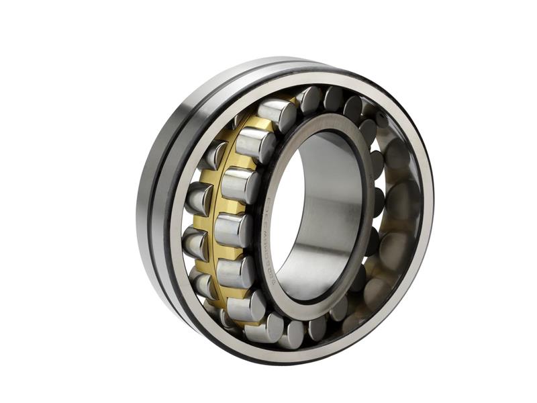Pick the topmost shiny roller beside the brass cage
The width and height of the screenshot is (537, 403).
(x=277, y=114)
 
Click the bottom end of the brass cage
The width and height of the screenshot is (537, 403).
(x=235, y=316)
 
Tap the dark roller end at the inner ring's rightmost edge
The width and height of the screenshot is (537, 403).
(x=376, y=201)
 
